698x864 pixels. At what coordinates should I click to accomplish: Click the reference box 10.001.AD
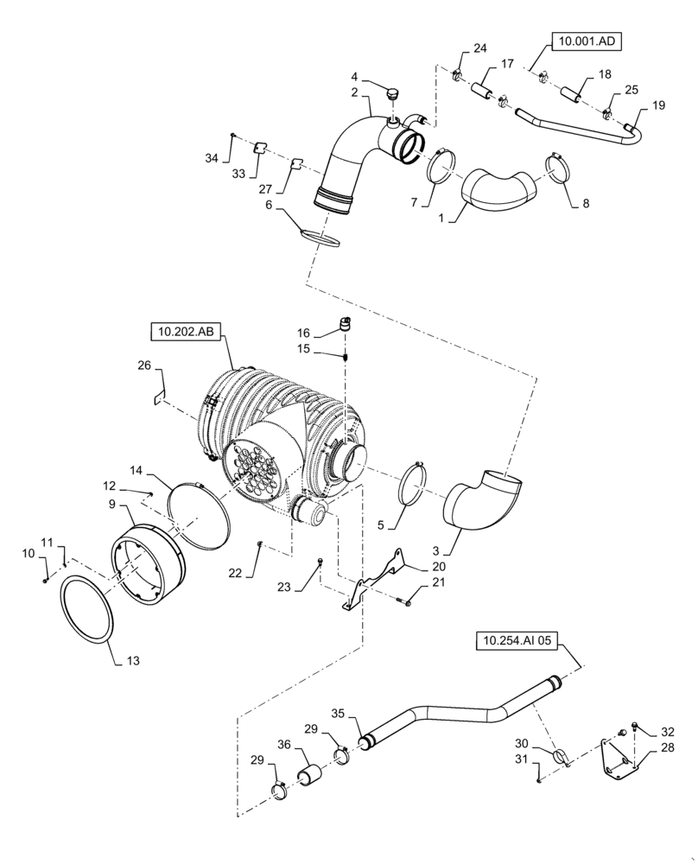[588, 40]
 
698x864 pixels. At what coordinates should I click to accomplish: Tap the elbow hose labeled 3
[479, 501]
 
